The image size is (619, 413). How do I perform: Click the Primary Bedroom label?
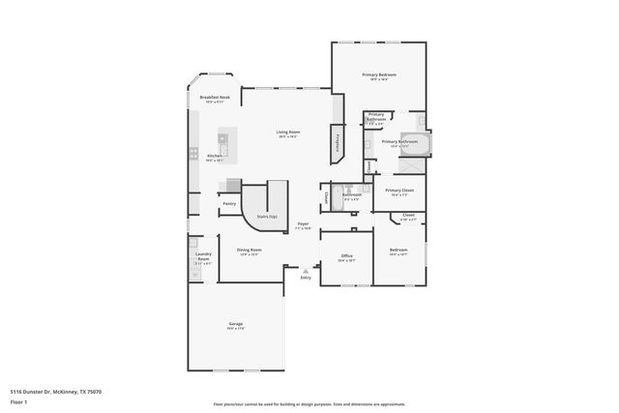click(x=379, y=74)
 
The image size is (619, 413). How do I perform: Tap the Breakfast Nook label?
click(x=215, y=98)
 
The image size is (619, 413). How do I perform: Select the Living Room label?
click(x=287, y=132)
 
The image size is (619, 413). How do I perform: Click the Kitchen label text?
click(x=215, y=155)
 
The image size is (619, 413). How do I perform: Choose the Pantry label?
click(x=229, y=203)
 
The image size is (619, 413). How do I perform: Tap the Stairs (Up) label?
click(x=266, y=217)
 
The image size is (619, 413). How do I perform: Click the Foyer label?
click(x=303, y=223)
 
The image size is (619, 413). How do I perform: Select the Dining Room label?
click(x=250, y=250)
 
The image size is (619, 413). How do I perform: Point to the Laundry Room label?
click(x=203, y=256)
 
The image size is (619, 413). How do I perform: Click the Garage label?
click(x=235, y=323)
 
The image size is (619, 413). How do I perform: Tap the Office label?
click(x=346, y=255)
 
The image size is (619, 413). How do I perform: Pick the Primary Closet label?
click(x=399, y=191)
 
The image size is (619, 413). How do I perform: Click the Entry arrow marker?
click(x=306, y=269)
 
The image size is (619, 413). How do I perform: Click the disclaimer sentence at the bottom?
click(x=309, y=404)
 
